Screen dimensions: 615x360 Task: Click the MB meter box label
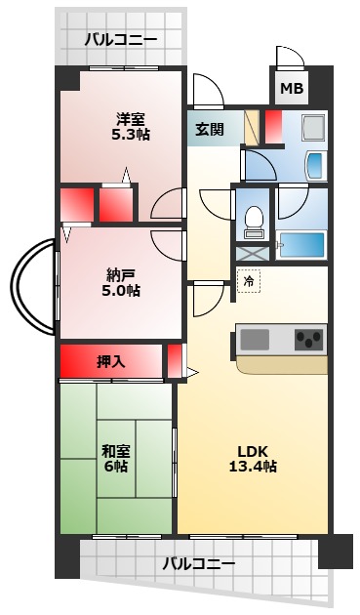292,89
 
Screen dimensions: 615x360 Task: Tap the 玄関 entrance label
209,128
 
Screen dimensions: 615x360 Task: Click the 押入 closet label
110,361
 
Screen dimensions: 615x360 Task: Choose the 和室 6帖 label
115,458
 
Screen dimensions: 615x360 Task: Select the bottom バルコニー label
198,563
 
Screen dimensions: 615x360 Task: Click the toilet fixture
254,222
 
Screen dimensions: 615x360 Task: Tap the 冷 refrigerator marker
248,281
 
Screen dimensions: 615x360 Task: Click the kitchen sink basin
255,339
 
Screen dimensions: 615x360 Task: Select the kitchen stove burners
309,340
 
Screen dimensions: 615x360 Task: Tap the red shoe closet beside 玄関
273,126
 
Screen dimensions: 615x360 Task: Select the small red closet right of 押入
174,360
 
